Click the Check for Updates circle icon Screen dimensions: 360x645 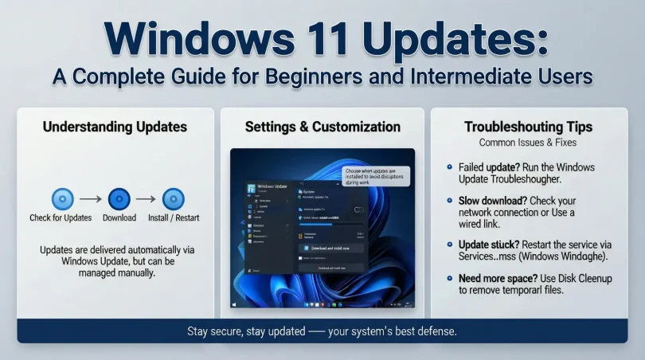(62, 199)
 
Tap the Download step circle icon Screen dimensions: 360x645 (119, 199)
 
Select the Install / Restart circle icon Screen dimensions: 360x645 (174, 199)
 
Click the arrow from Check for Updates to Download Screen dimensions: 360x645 (90, 199)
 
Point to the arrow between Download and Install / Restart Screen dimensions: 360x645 (146, 199)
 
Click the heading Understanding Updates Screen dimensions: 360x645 (115, 127)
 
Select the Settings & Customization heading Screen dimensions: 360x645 (322, 127)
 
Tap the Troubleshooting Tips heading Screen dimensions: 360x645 (528, 127)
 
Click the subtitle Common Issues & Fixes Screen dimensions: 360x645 (528, 143)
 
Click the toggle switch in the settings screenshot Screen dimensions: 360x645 (358, 209)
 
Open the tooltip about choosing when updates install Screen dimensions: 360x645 (375, 176)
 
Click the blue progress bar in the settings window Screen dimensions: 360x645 (326, 224)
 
